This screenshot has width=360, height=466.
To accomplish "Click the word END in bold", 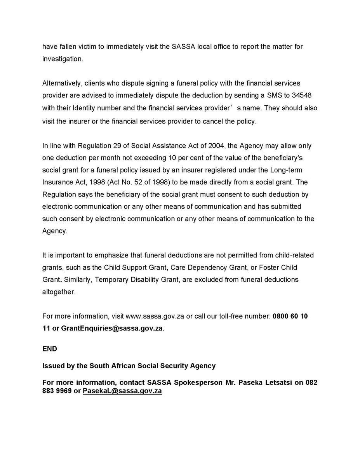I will [x=50, y=349].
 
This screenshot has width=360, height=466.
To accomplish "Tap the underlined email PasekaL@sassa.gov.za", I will [x=122, y=391].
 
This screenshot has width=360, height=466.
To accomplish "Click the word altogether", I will [x=59, y=292].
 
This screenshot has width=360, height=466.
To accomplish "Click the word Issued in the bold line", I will [x=52, y=365].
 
